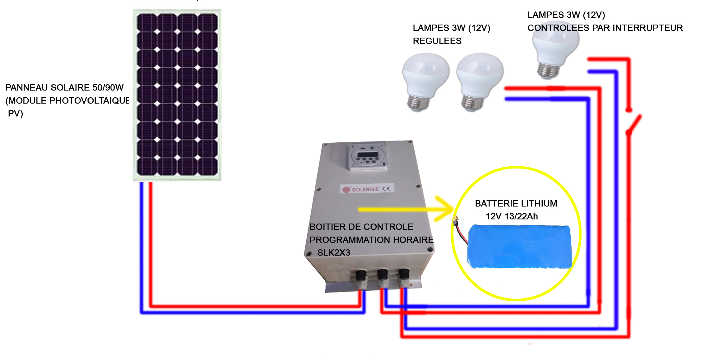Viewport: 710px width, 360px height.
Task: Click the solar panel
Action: [x=177, y=95]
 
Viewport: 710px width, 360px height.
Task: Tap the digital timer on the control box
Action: [x=367, y=156]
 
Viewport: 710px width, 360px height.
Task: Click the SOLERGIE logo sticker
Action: [x=367, y=189]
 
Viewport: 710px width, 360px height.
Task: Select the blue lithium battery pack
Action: [x=520, y=246]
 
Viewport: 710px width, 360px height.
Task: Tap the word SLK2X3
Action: [x=333, y=253]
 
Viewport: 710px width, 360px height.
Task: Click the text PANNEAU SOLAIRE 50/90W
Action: [x=64, y=88]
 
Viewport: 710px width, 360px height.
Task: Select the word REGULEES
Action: [x=437, y=41]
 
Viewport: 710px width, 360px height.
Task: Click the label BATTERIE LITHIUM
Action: [x=516, y=204]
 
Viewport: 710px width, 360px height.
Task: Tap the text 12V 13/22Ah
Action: [x=512, y=216]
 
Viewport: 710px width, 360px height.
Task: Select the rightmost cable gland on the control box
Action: [x=404, y=275]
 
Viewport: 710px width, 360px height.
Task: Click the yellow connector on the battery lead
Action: [x=456, y=220]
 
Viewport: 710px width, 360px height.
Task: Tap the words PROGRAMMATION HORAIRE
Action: [x=371, y=240]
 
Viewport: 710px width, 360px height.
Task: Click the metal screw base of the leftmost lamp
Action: [x=419, y=102]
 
